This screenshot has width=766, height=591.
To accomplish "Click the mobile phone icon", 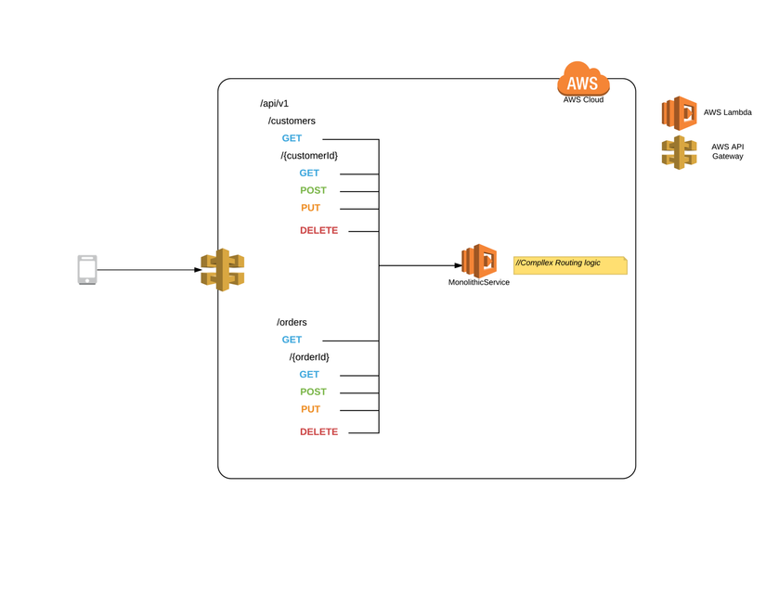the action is point(87,269).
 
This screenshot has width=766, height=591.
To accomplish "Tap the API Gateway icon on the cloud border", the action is point(223,269).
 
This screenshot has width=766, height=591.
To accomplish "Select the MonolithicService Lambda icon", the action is point(479,261).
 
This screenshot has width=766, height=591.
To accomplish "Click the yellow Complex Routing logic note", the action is point(570,265).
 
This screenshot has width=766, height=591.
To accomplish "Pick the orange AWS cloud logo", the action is point(583,79).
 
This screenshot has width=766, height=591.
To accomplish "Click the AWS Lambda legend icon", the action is point(679,113).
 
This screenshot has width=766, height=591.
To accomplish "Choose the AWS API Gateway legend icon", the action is point(679,152).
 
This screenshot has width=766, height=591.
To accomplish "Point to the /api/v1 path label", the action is point(274,104).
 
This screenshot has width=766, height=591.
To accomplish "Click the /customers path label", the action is point(292,121).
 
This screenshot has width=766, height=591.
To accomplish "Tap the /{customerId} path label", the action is point(309,156).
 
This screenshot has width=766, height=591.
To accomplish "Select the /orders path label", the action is point(292,322).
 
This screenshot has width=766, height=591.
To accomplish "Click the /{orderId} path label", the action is point(309,357).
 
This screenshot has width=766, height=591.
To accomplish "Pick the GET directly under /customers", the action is point(292,138).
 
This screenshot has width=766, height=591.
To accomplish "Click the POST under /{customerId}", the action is point(313,190).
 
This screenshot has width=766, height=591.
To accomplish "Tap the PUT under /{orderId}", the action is point(311,409).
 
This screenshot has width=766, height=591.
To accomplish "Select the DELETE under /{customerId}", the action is point(319,230).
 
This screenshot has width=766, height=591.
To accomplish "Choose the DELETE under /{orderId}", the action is point(319,432).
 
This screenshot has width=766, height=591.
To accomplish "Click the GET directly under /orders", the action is point(292,340).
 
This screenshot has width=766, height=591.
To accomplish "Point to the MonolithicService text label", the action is point(479,282).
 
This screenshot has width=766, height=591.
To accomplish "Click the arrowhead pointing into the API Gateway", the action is point(198,269).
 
